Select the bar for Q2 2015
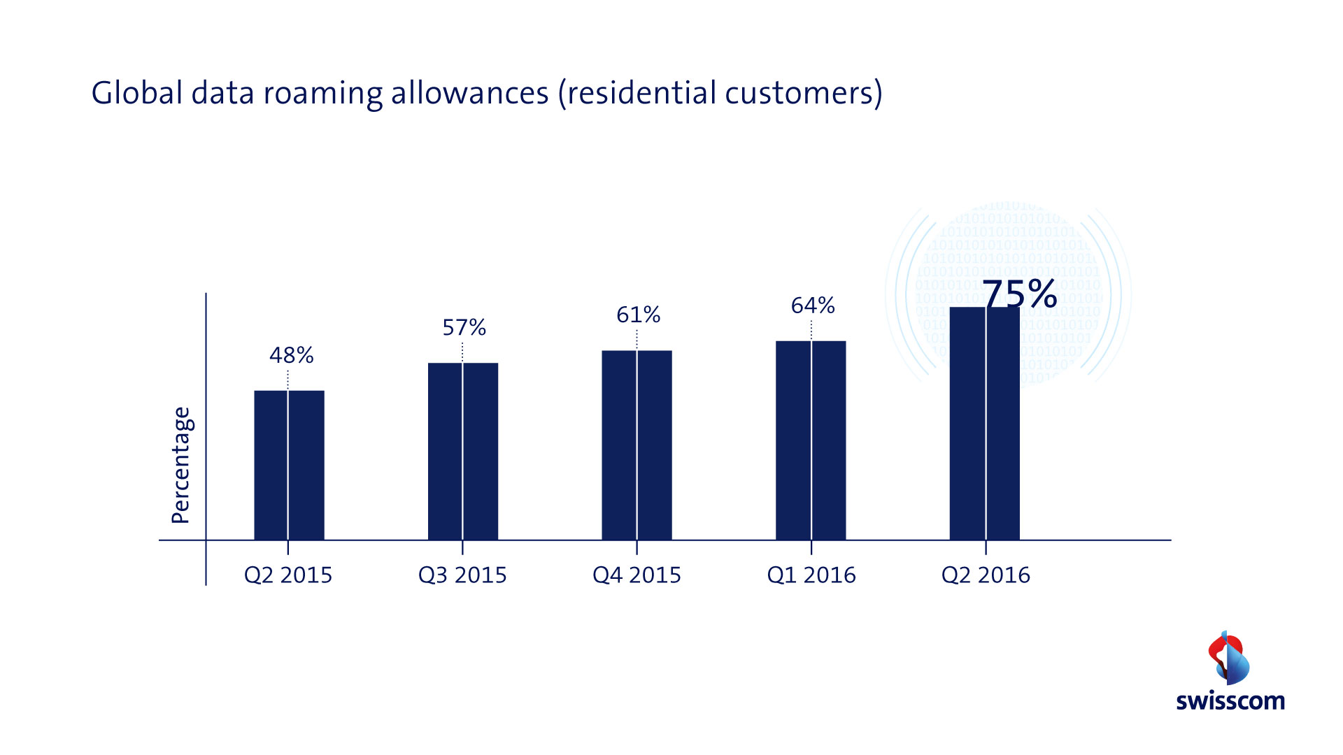(x=289, y=465)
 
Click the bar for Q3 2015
(x=463, y=451)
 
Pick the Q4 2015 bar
(x=637, y=445)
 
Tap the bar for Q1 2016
(x=811, y=440)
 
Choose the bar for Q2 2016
(x=984, y=423)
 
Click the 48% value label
(x=291, y=355)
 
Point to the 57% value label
(x=464, y=327)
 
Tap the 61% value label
(x=638, y=315)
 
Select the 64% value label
(x=813, y=305)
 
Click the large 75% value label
(x=1020, y=294)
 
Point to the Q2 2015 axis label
(x=288, y=575)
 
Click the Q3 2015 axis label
(x=462, y=575)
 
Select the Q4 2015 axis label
(x=637, y=575)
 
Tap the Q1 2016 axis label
(x=811, y=575)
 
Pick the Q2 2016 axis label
(x=986, y=575)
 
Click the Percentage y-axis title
(x=181, y=465)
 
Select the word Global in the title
(x=137, y=93)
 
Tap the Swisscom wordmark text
(x=1230, y=701)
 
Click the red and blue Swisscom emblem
(x=1229, y=658)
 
